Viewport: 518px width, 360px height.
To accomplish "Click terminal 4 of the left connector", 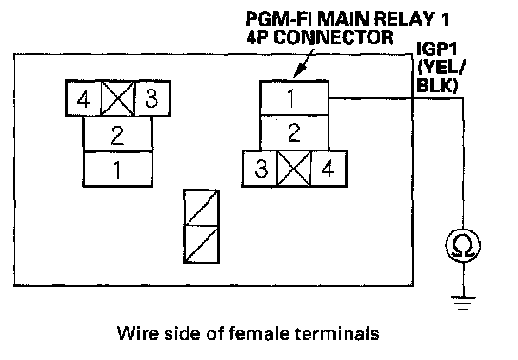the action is tap(83, 98).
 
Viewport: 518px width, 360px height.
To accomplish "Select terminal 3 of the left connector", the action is tap(152, 98).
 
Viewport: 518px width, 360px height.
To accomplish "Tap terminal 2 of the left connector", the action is tap(118, 134).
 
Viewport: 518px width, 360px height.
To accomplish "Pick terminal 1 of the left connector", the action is tap(118, 170).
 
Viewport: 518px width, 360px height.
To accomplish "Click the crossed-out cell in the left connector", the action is tap(118, 98).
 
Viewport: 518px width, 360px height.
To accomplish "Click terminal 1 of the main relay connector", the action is tap(294, 98).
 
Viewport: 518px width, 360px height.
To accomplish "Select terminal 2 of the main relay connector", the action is tap(294, 132).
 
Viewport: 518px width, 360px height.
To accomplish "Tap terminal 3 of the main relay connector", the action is tap(260, 169).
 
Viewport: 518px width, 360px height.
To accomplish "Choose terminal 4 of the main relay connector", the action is tap(329, 169).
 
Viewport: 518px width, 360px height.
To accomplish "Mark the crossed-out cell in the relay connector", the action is tap(294, 169).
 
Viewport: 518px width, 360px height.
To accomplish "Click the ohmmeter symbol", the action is tap(463, 246).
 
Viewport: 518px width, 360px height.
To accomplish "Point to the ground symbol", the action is tap(463, 303).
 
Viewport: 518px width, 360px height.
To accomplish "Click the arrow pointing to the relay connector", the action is tap(305, 64).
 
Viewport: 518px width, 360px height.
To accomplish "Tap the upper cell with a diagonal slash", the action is tap(202, 208).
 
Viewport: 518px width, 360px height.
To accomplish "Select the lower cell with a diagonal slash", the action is tap(202, 245).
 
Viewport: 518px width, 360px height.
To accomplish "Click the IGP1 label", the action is tap(437, 49).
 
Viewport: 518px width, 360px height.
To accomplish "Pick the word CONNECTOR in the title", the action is tap(333, 37).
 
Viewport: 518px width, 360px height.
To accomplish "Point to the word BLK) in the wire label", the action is tap(437, 85).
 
